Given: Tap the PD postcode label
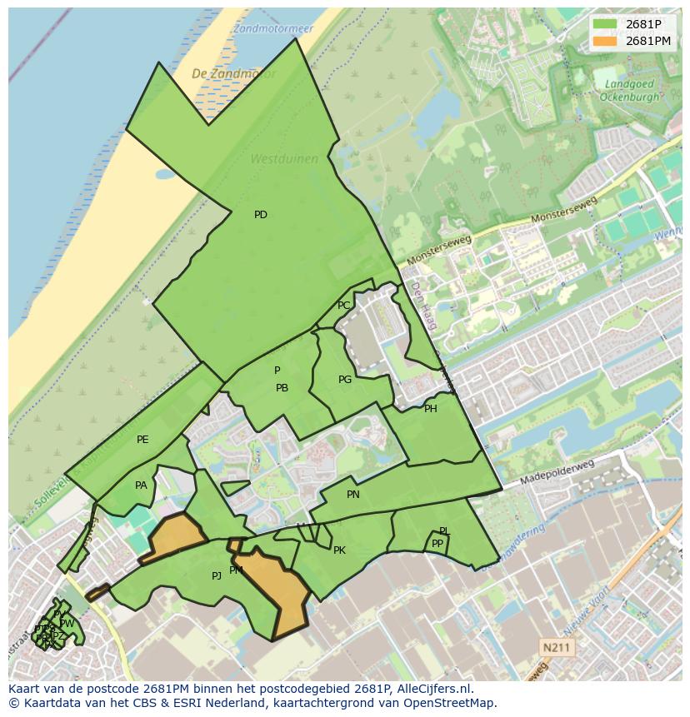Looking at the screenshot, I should click(261, 215).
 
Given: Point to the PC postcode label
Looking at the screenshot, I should click(343, 306).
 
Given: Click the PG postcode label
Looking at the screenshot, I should click(345, 380).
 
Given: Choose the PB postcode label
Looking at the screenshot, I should click(282, 388).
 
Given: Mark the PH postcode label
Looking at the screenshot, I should click(430, 409).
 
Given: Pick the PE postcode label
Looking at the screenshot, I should click(142, 440).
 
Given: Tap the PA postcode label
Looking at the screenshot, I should click(141, 485).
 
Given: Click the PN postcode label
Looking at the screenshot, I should click(353, 495).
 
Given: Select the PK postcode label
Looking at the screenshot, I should click(339, 550).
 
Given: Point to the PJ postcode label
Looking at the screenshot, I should click(217, 575).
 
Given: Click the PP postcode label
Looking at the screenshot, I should click(437, 544).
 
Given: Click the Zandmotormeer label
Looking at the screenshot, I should click(273, 28).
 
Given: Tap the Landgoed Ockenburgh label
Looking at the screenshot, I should click(629, 90).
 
